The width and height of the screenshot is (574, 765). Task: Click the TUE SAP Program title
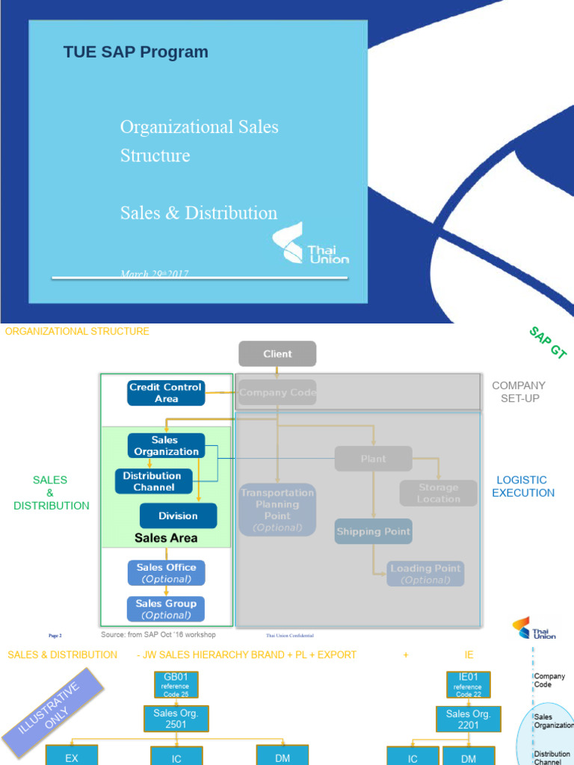[x=135, y=52]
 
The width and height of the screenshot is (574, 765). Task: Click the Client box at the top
[x=277, y=354]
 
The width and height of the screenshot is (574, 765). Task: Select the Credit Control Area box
[x=165, y=393]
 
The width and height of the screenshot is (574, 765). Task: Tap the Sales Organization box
[x=166, y=446]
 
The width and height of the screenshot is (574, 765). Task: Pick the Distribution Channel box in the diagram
[x=152, y=481]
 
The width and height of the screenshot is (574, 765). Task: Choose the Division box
[x=178, y=515]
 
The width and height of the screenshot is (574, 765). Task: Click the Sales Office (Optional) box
[x=166, y=573]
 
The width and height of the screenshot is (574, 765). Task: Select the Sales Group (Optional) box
[x=166, y=609]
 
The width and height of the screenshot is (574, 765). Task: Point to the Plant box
[x=373, y=459]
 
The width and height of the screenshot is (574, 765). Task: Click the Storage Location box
[x=438, y=493]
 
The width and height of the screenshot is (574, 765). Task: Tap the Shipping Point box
[x=373, y=531]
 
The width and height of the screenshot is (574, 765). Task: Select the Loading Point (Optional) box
[x=425, y=574]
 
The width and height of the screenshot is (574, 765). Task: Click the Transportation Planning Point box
[x=277, y=510]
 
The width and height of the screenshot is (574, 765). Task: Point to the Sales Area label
[x=166, y=538]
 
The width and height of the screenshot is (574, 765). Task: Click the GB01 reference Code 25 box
[x=176, y=685]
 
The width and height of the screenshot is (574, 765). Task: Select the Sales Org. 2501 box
[x=176, y=718]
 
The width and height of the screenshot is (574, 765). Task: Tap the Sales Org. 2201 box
[x=468, y=718]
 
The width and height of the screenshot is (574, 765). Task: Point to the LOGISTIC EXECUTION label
[x=522, y=486]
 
